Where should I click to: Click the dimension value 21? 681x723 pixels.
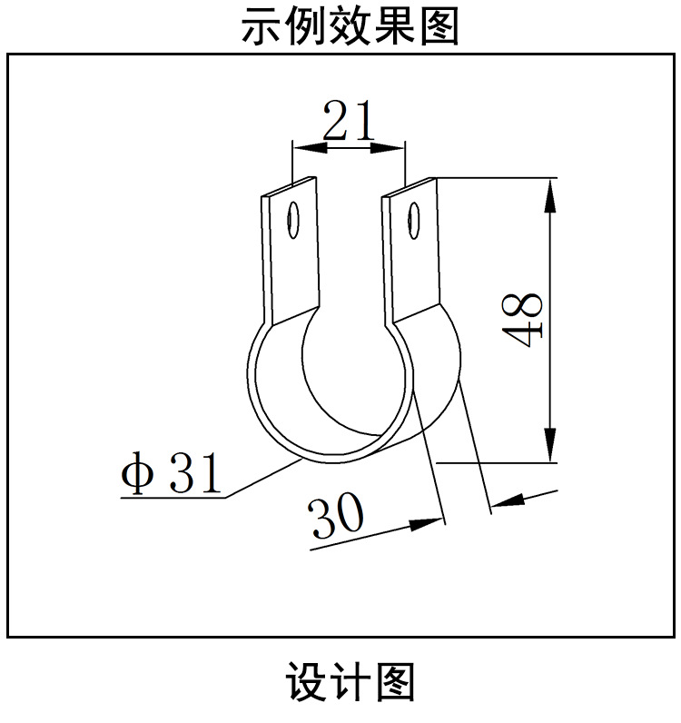pos(349,121)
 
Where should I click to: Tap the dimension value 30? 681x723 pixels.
pos(337,515)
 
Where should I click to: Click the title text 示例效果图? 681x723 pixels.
pos(350,26)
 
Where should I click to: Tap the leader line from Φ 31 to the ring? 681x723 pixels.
pos(263,479)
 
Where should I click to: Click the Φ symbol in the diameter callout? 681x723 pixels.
pos(136,474)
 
